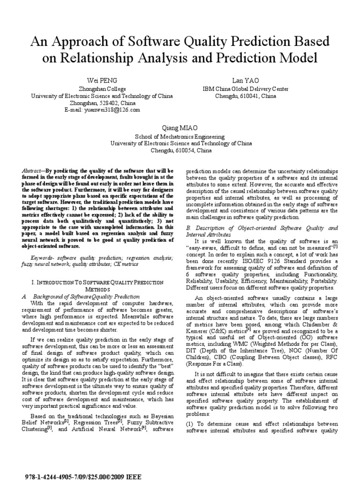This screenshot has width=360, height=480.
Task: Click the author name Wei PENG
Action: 102,81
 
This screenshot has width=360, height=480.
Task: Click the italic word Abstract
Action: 33,172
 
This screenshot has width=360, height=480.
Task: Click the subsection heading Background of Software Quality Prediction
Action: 85,297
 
